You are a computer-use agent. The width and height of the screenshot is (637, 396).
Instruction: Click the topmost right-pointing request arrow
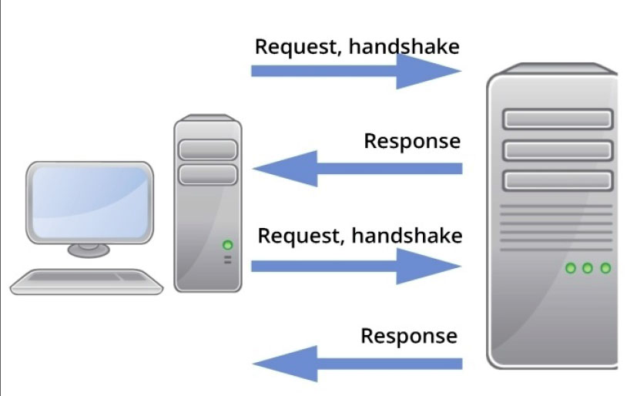(354, 71)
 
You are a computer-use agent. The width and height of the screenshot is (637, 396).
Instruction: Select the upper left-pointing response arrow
(358, 169)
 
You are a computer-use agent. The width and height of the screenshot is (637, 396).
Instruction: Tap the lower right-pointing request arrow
(354, 266)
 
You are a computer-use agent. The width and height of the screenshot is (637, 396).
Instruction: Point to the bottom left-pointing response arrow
(358, 364)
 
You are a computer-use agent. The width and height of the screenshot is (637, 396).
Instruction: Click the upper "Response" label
(412, 142)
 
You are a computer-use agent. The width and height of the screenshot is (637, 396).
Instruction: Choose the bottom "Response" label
(409, 337)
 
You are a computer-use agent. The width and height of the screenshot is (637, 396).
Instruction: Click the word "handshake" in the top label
(404, 47)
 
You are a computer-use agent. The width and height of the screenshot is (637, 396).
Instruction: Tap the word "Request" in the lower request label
(299, 236)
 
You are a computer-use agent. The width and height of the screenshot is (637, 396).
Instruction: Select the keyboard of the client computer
(86, 281)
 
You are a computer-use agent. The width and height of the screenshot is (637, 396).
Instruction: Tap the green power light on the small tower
(227, 245)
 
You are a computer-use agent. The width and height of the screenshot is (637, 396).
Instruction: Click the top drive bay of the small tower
(207, 149)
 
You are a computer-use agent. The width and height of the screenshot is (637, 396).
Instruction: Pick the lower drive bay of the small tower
(207, 174)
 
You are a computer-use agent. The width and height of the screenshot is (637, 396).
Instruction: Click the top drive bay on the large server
(558, 119)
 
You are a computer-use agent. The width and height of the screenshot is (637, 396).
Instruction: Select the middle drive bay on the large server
(558, 149)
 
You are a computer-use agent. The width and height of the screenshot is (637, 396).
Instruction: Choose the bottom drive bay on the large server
(558, 180)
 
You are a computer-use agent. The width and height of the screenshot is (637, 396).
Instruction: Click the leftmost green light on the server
(570, 268)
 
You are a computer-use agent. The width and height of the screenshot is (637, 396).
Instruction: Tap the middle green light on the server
(588, 268)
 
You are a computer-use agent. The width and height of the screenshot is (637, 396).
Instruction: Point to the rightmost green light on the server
(605, 268)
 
